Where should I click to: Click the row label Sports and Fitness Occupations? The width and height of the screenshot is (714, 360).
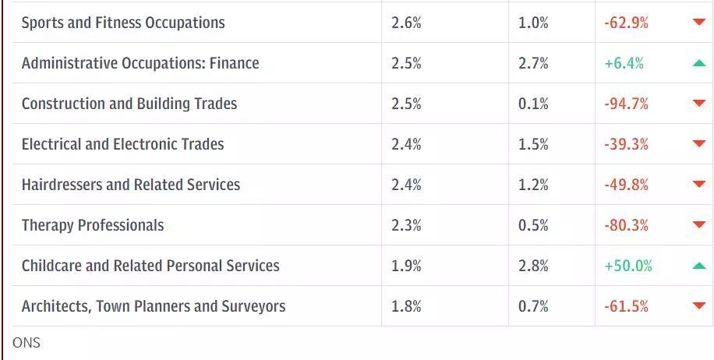[123, 23]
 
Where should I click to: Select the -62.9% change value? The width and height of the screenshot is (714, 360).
[626, 23]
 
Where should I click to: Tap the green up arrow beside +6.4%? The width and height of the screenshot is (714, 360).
[698, 63]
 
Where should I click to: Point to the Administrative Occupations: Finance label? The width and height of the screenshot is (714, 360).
[140, 63]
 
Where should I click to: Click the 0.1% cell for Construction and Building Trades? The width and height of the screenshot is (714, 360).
[533, 104]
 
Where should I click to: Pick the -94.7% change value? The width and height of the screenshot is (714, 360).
[626, 104]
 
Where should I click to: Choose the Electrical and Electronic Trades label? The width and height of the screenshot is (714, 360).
[122, 144]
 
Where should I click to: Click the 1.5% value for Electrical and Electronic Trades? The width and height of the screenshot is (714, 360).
[533, 144]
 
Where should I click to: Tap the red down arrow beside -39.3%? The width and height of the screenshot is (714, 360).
[698, 144]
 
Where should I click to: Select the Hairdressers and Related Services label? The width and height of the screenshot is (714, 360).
[131, 185]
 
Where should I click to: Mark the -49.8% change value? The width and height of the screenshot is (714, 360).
[626, 185]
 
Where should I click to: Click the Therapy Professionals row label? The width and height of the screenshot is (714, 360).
[93, 225]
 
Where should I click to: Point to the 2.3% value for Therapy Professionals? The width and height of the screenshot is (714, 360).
[406, 225]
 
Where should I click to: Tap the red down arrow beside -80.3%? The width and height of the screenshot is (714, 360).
[698, 225]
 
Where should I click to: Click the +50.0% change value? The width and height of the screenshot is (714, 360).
[628, 266]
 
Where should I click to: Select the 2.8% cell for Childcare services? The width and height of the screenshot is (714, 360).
[533, 266]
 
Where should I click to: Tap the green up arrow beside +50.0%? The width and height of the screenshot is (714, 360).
[698, 266]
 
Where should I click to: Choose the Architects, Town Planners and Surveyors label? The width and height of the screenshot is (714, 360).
[154, 306]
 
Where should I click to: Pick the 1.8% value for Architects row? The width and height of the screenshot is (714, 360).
[406, 306]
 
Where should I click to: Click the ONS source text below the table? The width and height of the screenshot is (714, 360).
[27, 343]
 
